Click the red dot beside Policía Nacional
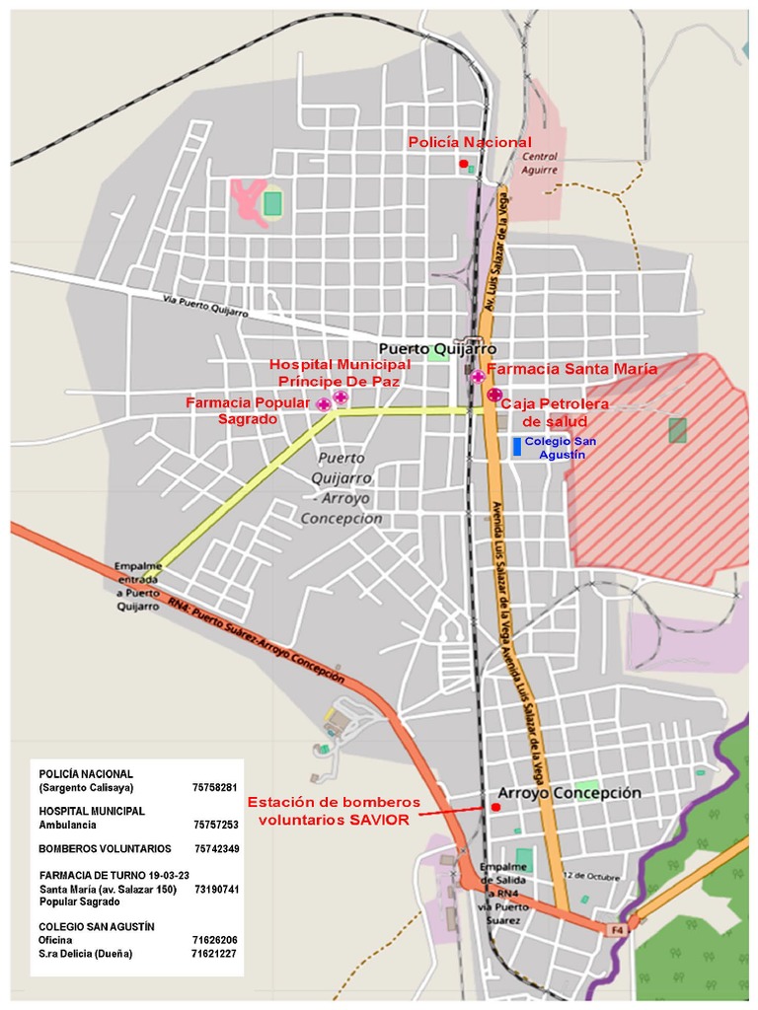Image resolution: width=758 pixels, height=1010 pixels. point(463,164)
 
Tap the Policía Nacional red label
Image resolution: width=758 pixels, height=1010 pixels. point(470,143)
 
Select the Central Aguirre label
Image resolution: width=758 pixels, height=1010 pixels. point(540,163)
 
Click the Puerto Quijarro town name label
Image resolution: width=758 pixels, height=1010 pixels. point(437,349)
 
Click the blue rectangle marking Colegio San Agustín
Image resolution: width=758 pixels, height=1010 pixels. point(516,446)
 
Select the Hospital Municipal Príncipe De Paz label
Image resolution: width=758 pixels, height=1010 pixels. point(341,373)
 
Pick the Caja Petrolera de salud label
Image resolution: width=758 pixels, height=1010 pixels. point(555,412)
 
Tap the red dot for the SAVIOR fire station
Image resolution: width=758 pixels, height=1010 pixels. point(495,807)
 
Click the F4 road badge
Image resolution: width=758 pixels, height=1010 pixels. point(617,929)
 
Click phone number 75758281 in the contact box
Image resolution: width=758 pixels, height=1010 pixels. point(216,788)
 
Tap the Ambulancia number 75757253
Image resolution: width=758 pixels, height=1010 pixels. point(216,824)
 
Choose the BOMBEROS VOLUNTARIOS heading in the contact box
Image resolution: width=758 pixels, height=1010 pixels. point(105,848)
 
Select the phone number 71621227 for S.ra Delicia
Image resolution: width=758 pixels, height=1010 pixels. point(214,954)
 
